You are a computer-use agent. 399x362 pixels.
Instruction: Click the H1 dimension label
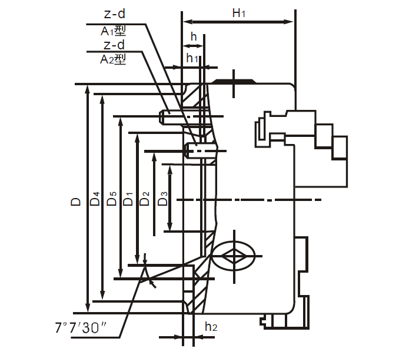click(x=238, y=14)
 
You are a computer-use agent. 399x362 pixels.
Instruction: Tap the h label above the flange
click(x=192, y=36)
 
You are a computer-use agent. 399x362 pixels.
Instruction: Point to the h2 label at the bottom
click(x=211, y=327)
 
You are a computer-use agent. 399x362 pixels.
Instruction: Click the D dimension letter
click(x=76, y=202)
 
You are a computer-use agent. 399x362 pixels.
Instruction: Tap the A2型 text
click(x=113, y=59)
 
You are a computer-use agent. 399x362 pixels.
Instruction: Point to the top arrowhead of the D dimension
click(x=88, y=89)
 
